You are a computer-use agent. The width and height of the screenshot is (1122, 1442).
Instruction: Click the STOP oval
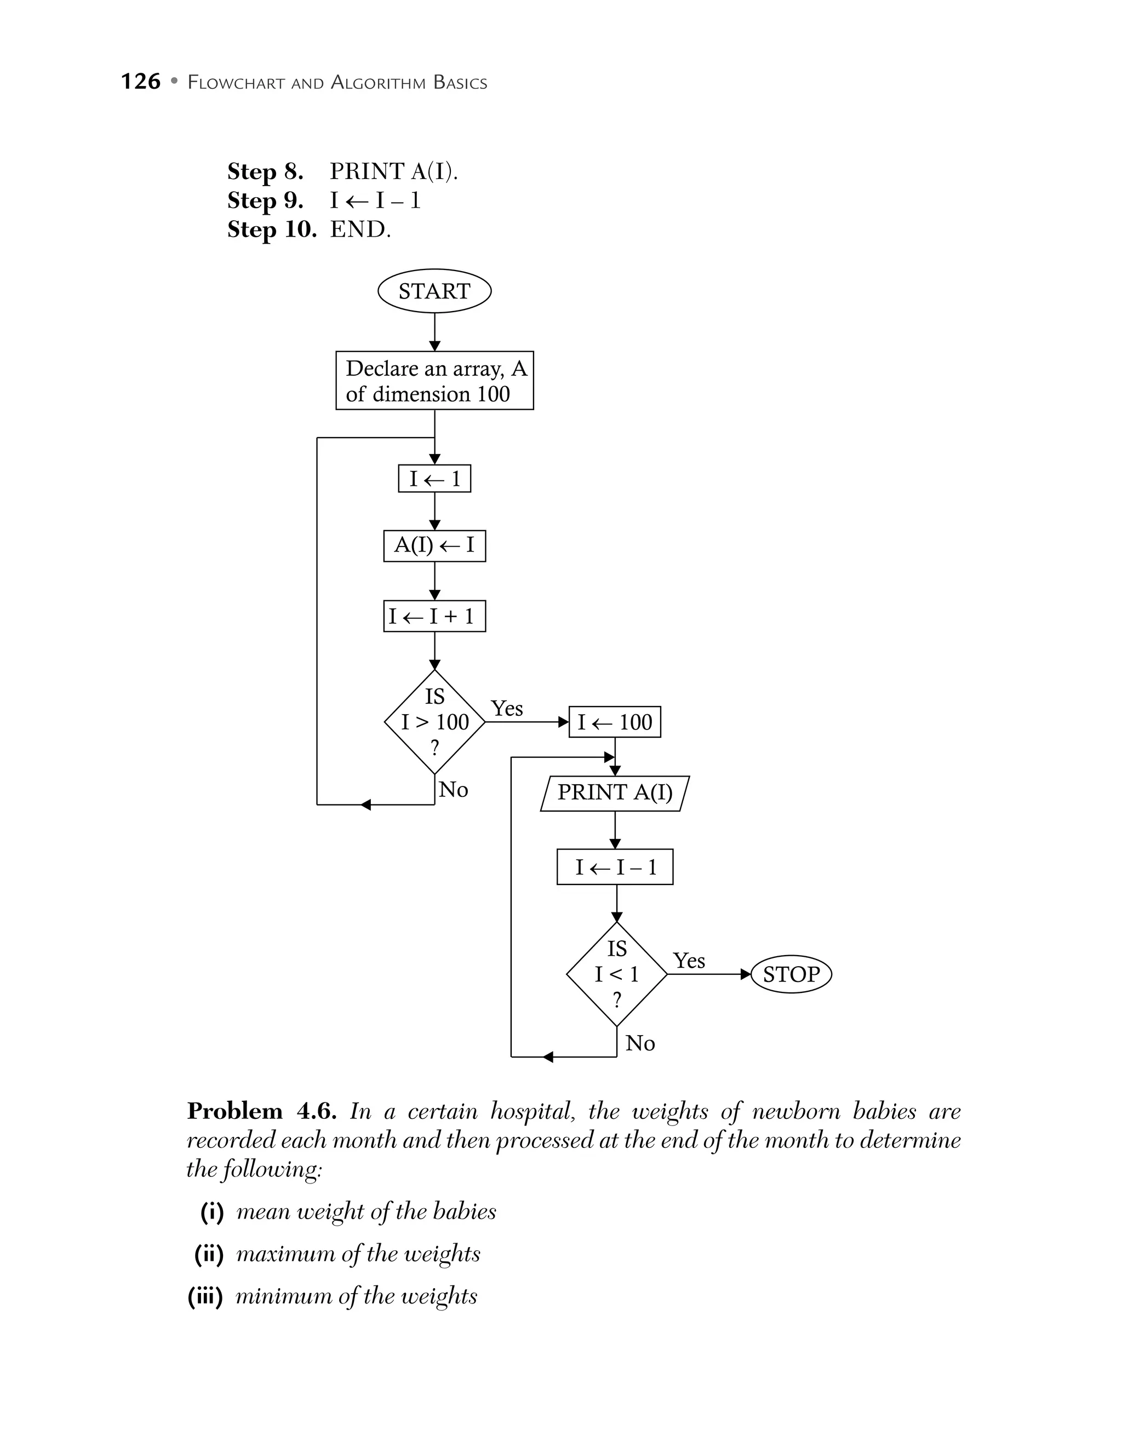(x=791, y=974)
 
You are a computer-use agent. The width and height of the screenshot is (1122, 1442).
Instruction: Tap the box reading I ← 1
(x=434, y=479)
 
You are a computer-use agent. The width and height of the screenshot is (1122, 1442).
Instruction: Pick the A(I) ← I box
(x=434, y=545)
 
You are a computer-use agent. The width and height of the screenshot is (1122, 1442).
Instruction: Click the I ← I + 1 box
(x=434, y=616)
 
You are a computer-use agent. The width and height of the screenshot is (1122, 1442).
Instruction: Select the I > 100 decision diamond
(x=434, y=722)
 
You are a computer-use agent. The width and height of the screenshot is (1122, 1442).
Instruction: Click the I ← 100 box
(x=614, y=722)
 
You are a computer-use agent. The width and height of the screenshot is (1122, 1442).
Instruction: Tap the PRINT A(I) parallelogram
(x=614, y=792)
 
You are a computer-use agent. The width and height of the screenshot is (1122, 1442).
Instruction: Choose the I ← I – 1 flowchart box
(x=614, y=867)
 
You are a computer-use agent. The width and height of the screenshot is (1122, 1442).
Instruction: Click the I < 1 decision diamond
(x=616, y=974)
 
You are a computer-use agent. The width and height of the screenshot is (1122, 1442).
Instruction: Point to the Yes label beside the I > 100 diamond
(x=507, y=709)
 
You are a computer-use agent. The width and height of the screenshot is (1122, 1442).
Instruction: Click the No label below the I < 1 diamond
(x=640, y=1043)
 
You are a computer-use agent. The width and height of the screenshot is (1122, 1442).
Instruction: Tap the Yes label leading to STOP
(x=689, y=961)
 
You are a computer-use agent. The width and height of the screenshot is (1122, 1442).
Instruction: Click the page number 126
(x=141, y=82)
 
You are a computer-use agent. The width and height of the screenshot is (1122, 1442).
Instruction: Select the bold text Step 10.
(x=271, y=230)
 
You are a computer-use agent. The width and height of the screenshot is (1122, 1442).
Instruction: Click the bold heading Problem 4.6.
(x=261, y=1111)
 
